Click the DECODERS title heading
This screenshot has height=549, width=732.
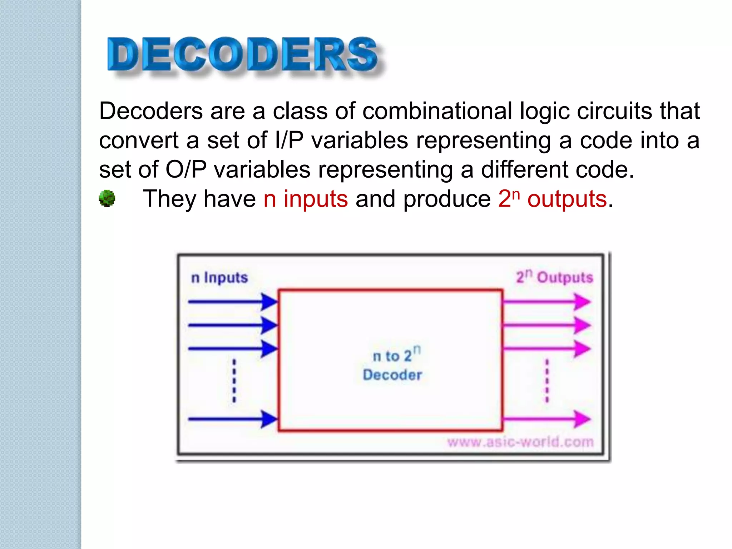point(242,54)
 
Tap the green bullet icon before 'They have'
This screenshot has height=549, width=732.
point(107,198)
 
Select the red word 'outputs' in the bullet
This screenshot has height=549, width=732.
point(567,199)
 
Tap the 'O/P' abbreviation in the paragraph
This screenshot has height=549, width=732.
point(186,169)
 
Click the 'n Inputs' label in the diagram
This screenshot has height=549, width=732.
point(219,278)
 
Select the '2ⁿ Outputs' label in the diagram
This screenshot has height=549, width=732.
point(554,277)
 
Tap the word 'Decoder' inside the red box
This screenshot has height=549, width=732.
point(392,375)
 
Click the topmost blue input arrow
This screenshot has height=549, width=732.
point(232,302)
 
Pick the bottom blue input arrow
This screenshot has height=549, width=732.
point(232,419)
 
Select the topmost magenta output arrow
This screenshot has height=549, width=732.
point(546,302)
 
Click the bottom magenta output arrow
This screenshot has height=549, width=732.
point(546,419)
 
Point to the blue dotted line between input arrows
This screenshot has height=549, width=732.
point(234,381)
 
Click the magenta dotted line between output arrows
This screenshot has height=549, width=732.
point(547,381)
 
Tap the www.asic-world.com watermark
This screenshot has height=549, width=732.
point(520,442)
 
